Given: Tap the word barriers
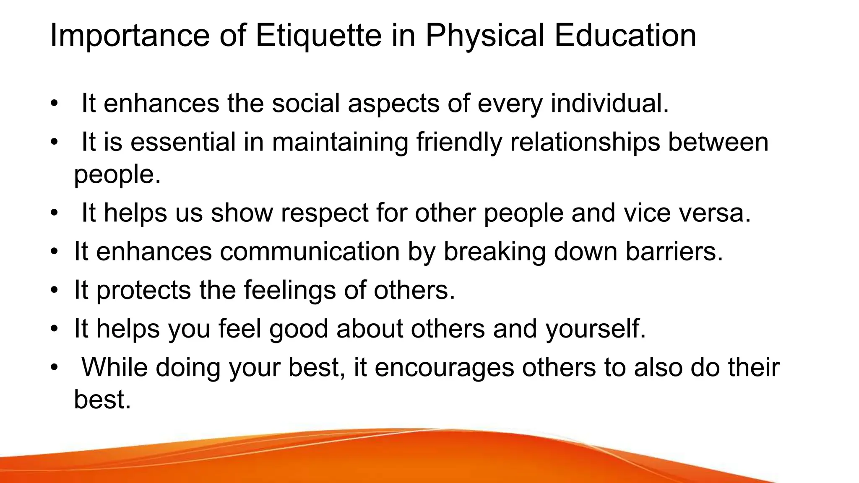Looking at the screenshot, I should point(674,252).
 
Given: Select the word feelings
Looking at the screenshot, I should point(290,290).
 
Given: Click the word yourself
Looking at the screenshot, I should point(595,329).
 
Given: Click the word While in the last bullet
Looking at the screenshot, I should point(114,367).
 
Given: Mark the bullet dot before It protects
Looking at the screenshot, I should point(54,290).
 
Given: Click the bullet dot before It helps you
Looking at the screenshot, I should point(54,329).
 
